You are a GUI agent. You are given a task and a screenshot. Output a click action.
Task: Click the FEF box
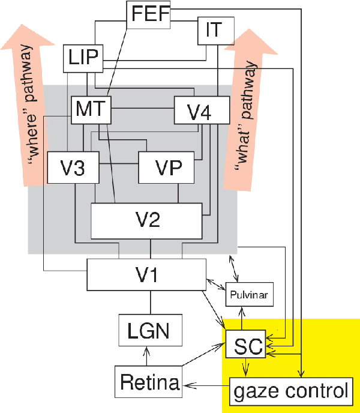(149, 14)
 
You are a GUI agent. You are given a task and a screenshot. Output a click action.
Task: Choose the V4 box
(202, 110)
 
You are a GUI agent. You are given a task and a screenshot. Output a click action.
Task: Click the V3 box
(73, 166)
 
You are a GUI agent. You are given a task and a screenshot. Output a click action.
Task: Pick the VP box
(167, 166)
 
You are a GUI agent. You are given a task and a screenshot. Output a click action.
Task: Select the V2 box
(146, 220)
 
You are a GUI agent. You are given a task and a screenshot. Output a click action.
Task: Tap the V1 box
(146, 275)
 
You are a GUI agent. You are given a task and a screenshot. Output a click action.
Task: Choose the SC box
(243, 344)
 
